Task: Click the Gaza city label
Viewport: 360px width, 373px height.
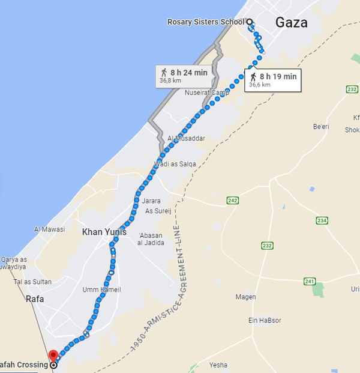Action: click(x=291, y=23)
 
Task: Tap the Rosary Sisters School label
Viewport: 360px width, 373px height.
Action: click(x=206, y=22)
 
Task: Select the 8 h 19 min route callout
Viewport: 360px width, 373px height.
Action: click(x=273, y=79)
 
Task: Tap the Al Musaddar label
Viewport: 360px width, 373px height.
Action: click(x=187, y=138)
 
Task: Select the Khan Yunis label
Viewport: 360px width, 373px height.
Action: click(x=104, y=231)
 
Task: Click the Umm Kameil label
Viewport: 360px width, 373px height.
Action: click(x=101, y=290)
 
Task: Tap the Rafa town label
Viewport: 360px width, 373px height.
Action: click(x=35, y=298)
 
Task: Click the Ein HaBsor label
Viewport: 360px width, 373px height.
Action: click(x=265, y=320)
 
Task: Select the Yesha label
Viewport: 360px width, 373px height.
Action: click(x=218, y=365)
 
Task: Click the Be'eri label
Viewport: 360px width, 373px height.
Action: click(x=321, y=126)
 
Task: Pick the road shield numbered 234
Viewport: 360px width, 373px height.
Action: click(x=322, y=220)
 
